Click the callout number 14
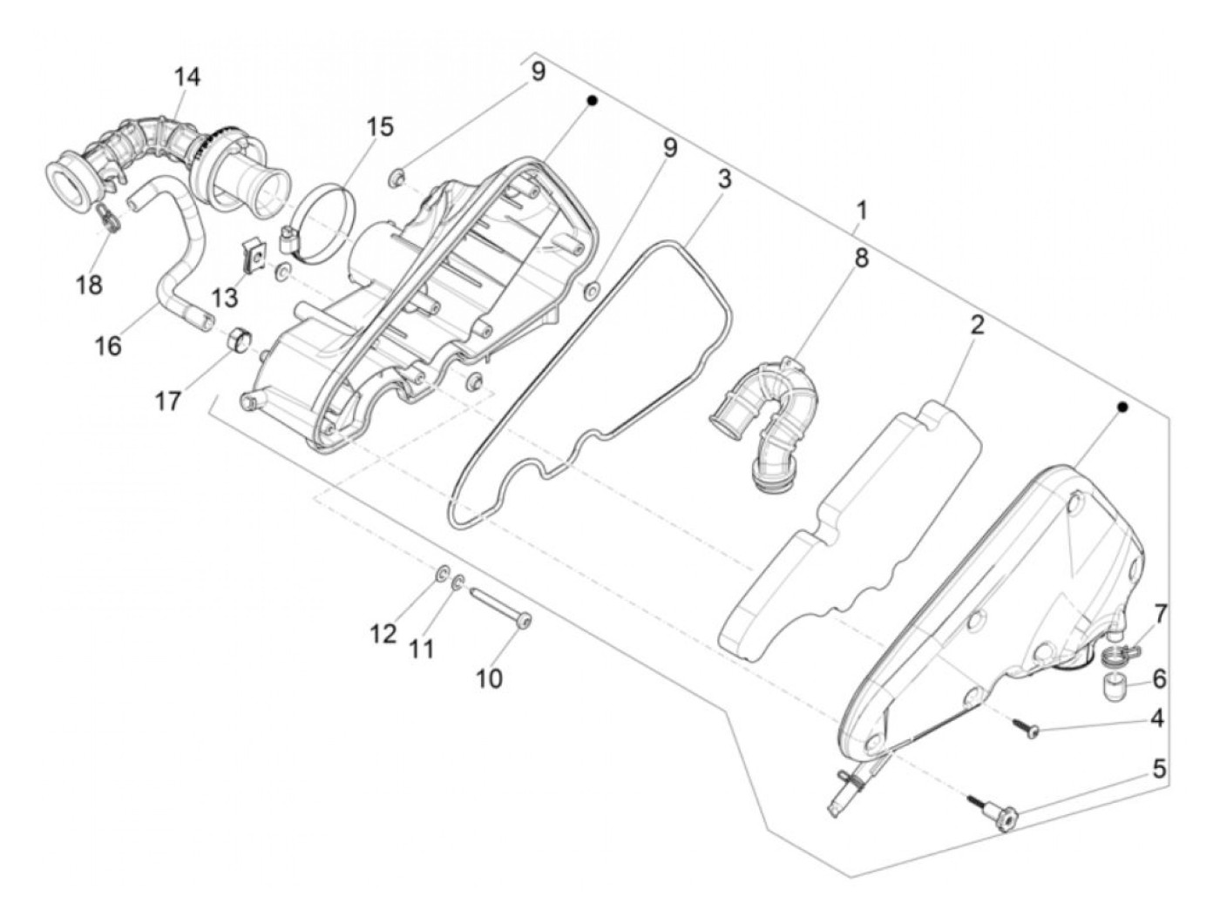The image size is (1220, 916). pyautogui.click(x=186, y=77)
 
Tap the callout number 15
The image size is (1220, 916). pyautogui.click(x=379, y=127)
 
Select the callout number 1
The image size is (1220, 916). pyautogui.click(x=861, y=211)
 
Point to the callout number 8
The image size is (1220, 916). pyautogui.click(x=861, y=259)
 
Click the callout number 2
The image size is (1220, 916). pyautogui.click(x=977, y=326)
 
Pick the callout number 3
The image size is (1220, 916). pyautogui.click(x=724, y=180)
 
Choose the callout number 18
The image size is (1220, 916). pyautogui.click(x=90, y=285)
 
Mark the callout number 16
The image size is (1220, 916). pyautogui.click(x=109, y=346)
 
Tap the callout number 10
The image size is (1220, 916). pyautogui.click(x=490, y=677)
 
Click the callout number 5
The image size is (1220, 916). pyautogui.click(x=1158, y=769)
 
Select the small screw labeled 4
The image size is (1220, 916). pyautogui.click(x=1026, y=729)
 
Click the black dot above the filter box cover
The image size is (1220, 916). pyautogui.click(x=1122, y=407)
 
